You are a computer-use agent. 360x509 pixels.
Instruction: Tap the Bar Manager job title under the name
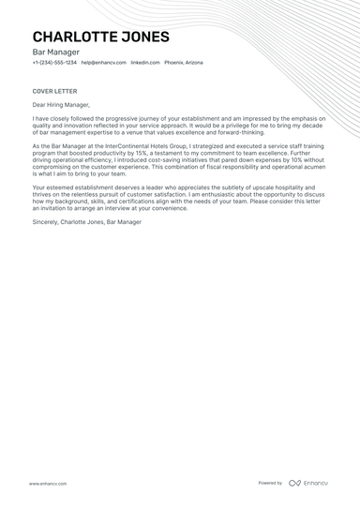(54, 53)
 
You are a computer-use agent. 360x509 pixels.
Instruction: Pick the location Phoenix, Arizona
(184, 63)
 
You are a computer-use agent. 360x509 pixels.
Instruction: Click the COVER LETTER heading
(52, 91)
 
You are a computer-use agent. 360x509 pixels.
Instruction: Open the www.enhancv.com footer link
(46, 484)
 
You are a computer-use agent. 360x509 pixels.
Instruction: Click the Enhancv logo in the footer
(308, 484)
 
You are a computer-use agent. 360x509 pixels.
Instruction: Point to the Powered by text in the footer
(270, 484)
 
